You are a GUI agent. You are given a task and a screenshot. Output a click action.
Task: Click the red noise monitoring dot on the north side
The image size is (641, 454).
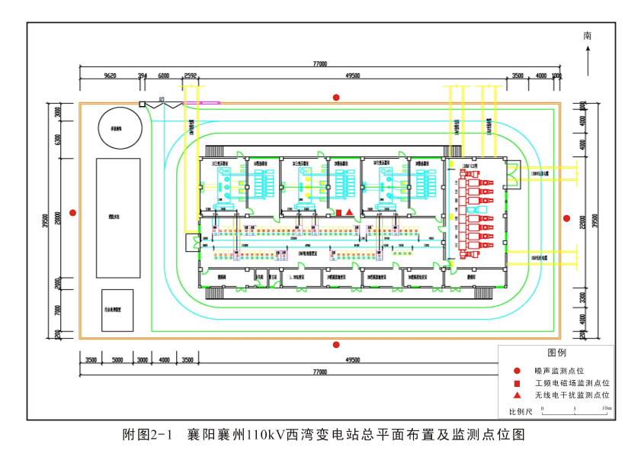336,98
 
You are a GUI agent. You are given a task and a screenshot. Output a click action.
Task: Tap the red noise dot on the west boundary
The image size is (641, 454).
72,213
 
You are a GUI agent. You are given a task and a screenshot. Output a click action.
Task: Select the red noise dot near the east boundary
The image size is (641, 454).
566,218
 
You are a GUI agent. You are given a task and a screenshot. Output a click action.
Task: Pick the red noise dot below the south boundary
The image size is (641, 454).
336,345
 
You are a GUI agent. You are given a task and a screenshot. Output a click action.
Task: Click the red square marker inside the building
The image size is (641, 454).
338,212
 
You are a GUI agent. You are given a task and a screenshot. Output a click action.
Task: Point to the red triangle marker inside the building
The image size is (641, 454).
349,212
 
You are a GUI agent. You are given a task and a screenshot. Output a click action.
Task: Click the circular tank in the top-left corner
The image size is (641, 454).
119,129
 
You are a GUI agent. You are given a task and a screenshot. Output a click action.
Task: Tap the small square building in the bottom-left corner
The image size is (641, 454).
117,310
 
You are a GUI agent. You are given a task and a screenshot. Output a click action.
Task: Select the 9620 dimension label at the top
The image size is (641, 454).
110,76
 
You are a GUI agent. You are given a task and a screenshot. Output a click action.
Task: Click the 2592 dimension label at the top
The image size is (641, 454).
191,76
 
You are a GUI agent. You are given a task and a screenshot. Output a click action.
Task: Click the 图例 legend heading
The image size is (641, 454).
556,353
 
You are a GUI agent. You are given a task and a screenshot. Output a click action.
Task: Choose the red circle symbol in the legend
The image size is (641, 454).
517,370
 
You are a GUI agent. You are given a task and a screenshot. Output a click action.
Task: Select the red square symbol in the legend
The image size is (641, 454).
517,382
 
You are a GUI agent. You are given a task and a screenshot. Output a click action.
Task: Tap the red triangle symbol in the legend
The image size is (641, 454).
517,394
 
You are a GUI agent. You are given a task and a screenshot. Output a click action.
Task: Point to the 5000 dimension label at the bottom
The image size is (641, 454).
117,359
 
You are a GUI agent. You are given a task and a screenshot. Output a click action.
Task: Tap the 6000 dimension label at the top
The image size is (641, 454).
164,76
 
